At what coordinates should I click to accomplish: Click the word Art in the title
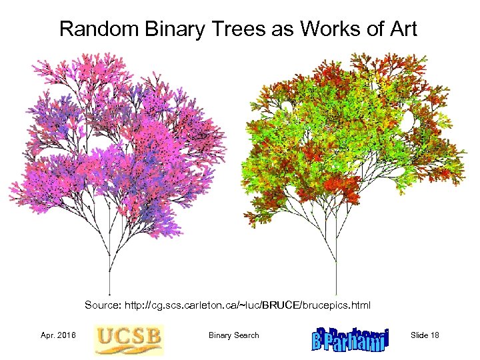point(402,29)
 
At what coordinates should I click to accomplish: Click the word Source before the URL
point(104,305)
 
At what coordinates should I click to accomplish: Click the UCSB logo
point(129,339)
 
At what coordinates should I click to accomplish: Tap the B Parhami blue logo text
point(349,339)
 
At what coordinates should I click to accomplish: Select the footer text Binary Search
point(233,335)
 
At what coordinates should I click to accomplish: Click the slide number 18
point(434,335)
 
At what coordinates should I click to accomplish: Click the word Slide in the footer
point(419,335)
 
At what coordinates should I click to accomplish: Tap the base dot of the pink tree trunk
point(109,293)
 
